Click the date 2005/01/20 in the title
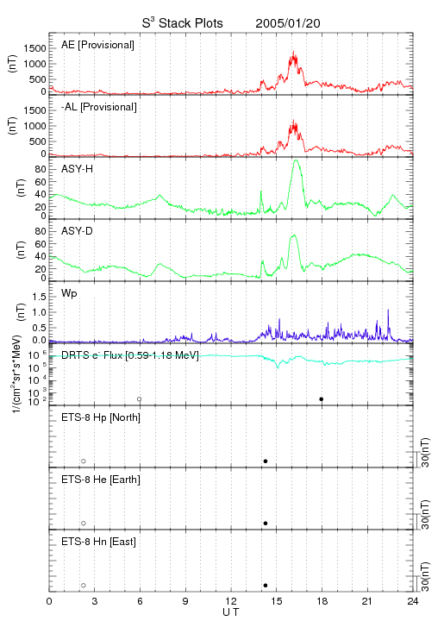[288, 23]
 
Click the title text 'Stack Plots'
[191, 23]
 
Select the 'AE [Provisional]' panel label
[97, 45]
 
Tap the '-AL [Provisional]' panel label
[99, 107]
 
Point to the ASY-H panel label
[78, 169]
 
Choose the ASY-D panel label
[78, 231]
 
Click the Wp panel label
[69, 294]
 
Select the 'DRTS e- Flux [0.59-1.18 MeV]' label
[130, 355]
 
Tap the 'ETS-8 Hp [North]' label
[101, 417]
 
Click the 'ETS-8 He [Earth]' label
[101, 480]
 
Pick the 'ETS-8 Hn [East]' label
[98, 542]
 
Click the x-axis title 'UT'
[231, 612]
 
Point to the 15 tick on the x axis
[277, 601]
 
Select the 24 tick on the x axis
[413, 601]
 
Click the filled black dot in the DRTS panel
[322, 399]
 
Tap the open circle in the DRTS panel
[140, 399]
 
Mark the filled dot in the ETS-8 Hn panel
[266, 586]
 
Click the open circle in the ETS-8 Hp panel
[84, 461]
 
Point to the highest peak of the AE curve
[293, 52]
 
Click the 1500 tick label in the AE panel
[34, 48]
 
